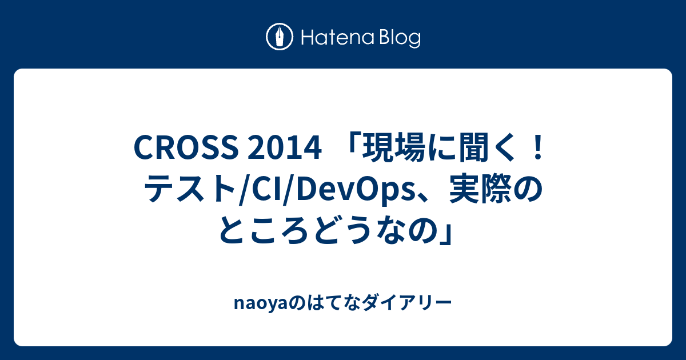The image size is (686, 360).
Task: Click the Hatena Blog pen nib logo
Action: pyautogui.click(x=280, y=37)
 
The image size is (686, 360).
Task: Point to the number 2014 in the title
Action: pyautogui.click(x=285, y=149)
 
